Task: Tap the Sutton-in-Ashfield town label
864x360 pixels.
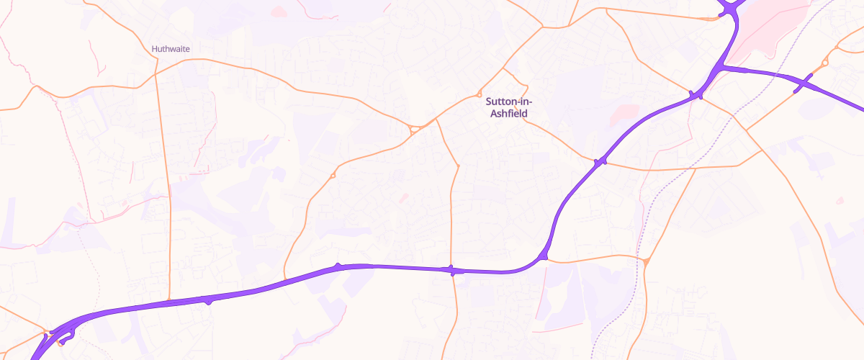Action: [510, 107]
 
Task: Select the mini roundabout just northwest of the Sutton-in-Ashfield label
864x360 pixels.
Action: [479, 94]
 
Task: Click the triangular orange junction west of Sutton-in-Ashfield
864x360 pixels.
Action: [415, 130]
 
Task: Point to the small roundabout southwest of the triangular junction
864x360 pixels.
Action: [333, 175]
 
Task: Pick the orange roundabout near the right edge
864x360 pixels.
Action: [824, 63]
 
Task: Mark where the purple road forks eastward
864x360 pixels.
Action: [722, 67]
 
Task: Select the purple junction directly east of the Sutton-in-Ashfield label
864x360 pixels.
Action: [696, 96]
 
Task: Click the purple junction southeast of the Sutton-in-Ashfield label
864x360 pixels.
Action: [600, 163]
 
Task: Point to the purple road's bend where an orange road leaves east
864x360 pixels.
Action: [543, 256]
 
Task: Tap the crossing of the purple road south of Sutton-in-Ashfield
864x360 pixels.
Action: [451, 270]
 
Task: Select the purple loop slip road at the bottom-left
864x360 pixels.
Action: [65, 333]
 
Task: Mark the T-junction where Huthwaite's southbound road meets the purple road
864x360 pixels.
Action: [168, 301]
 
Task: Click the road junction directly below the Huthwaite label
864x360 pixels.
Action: [155, 74]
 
